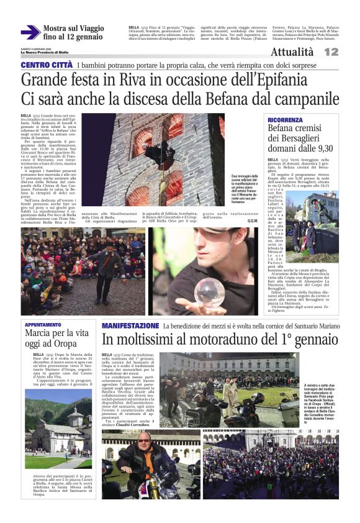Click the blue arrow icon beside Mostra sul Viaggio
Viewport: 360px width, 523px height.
(x=30, y=32)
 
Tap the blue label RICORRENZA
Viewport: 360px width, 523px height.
(x=286, y=120)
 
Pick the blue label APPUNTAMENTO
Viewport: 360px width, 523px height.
(x=43, y=325)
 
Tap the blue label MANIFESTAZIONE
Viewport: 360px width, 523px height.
(x=130, y=325)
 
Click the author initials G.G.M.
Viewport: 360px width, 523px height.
(x=253, y=221)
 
